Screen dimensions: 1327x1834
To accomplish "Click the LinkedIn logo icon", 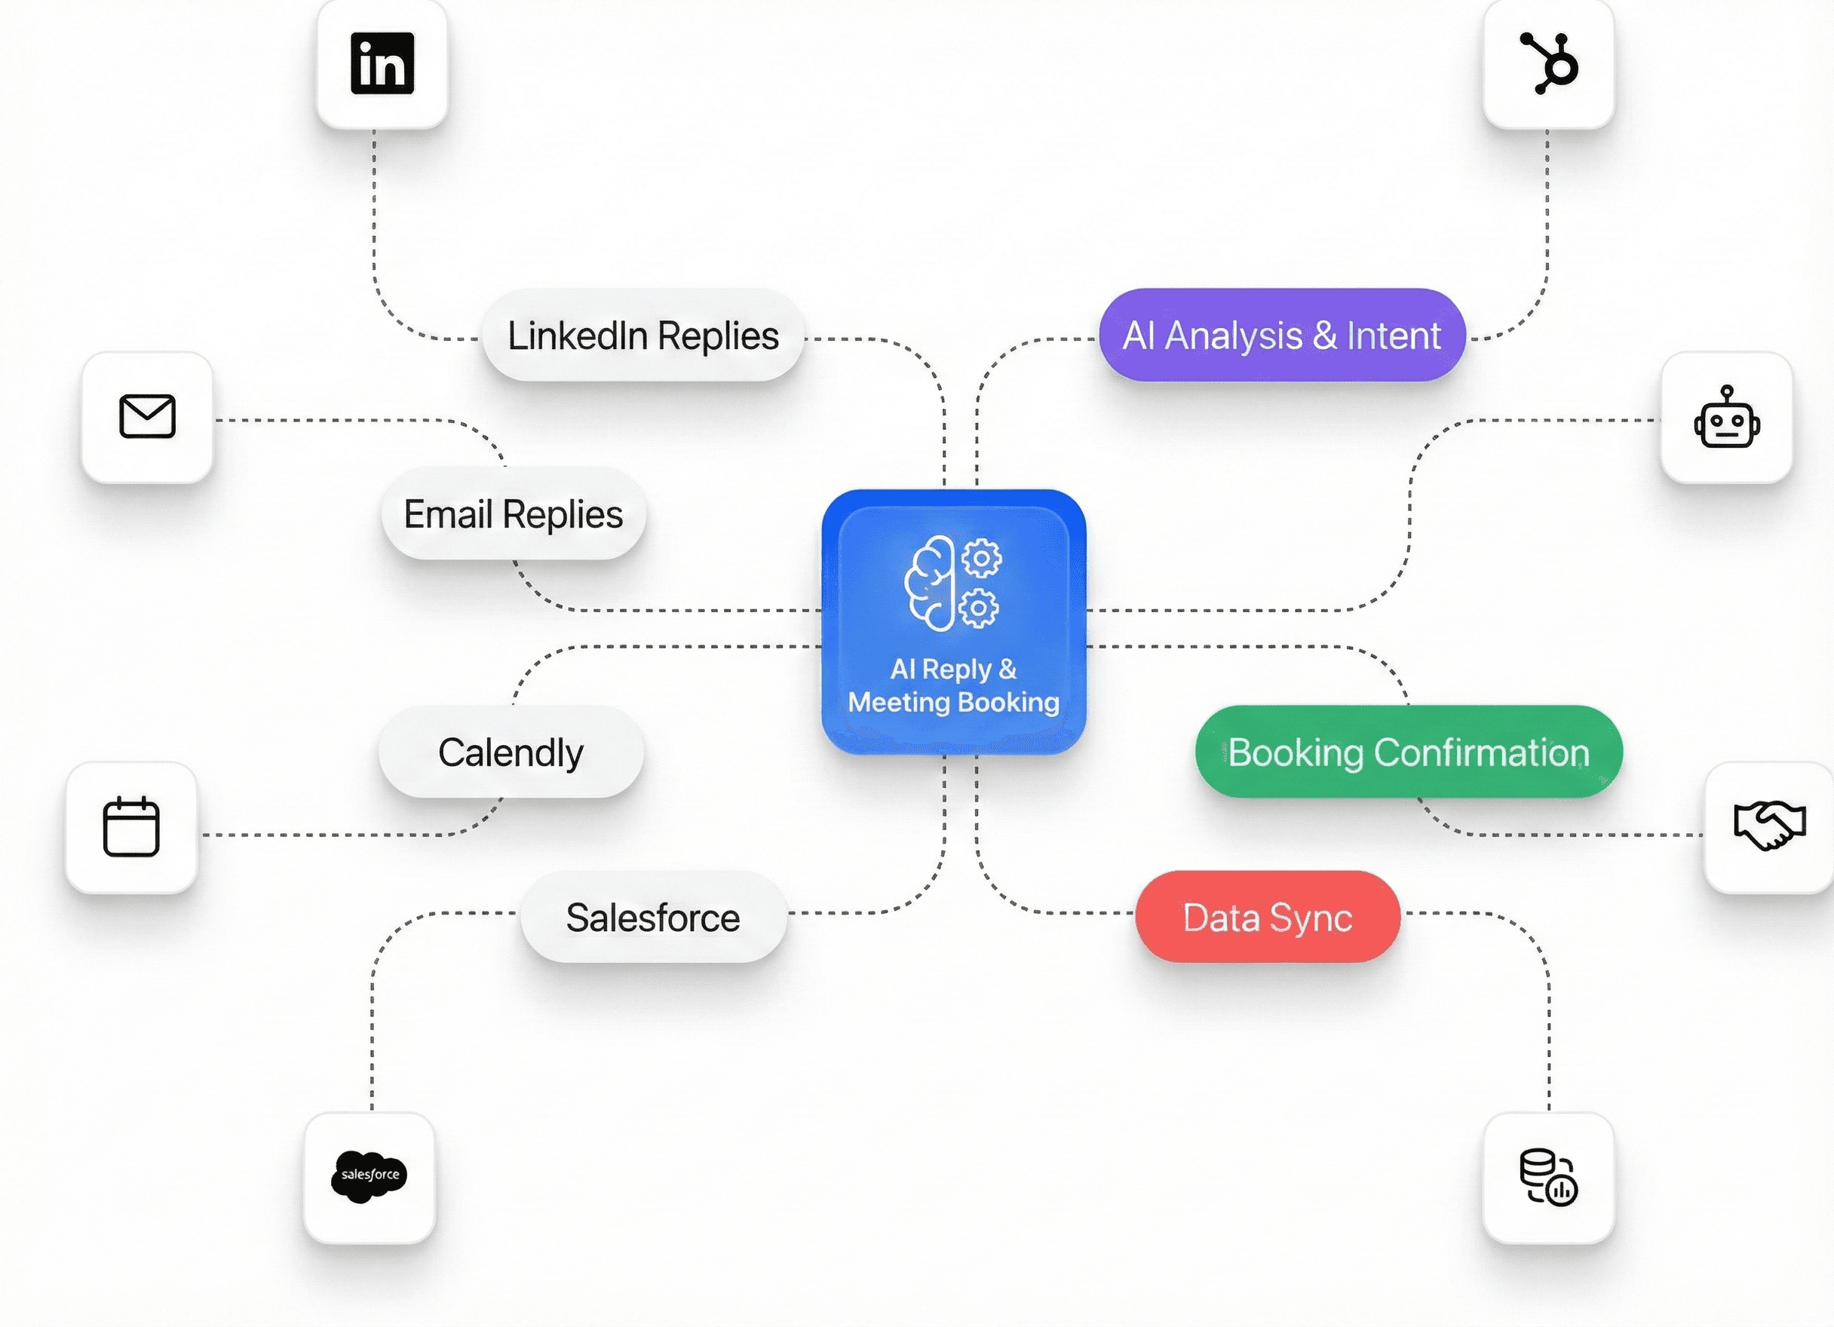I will click(382, 63).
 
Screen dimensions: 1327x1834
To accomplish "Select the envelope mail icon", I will click(147, 416).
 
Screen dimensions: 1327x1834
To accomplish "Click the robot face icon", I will click(1726, 417).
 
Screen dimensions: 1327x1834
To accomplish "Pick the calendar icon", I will click(131, 826).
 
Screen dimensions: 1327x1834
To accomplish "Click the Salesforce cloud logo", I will click(370, 1175).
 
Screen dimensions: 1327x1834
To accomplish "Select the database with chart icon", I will click(1547, 1178).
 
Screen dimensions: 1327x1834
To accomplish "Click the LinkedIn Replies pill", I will click(643, 335).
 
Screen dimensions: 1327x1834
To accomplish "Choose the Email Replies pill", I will click(514, 513).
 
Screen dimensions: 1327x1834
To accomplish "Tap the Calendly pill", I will click(511, 752).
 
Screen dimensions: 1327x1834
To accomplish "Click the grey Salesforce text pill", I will click(653, 917).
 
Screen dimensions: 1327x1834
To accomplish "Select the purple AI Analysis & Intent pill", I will click(1282, 335).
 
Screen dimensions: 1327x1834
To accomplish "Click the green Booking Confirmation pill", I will click(1409, 752).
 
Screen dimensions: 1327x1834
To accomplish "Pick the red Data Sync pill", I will click(1267, 917).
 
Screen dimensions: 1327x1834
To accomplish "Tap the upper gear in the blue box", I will click(982, 557).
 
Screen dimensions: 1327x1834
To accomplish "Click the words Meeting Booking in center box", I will click(953, 702).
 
